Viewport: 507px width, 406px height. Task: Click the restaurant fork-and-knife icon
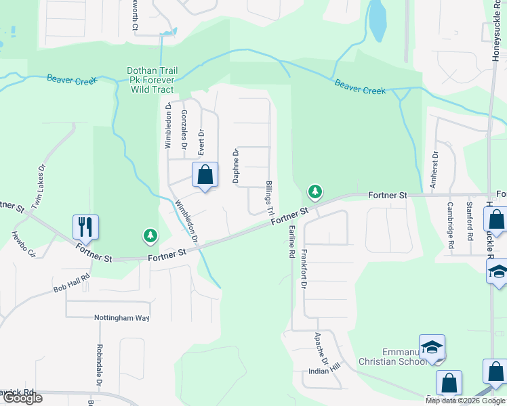[x=86, y=226]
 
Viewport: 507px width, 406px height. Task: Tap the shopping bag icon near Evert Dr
[x=205, y=175]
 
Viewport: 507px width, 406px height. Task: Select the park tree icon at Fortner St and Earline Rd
[x=315, y=192]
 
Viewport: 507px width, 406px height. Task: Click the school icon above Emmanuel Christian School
[x=432, y=348]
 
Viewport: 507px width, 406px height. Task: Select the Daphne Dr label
[x=237, y=166]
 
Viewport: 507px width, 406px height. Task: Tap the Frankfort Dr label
[x=303, y=270]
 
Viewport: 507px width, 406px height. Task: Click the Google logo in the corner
[x=22, y=397]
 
